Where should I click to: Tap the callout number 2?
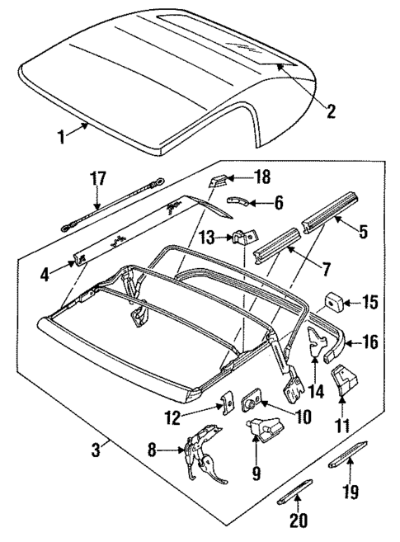(x=331, y=111)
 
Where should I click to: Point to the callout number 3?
(x=96, y=449)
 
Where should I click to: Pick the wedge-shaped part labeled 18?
(x=219, y=183)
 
